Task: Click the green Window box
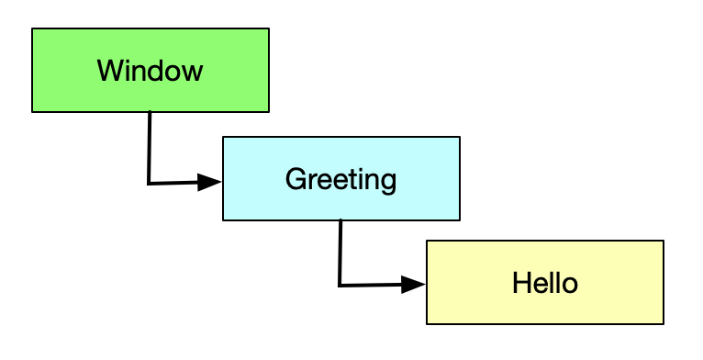tap(151, 70)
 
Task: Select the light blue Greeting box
tap(340, 178)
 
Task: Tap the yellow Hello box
tap(544, 282)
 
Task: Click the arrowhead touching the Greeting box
tap(211, 182)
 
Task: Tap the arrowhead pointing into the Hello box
tap(415, 285)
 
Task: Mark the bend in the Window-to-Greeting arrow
tap(149, 184)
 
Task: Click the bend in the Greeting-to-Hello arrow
tap(340, 286)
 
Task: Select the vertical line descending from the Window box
tap(149, 147)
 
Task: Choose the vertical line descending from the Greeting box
tap(340, 253)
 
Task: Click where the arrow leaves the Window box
tap(149, 112)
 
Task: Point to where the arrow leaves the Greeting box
tap(340, 220)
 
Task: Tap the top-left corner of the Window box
tap(32, 28)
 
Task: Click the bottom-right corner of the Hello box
tap(663, 323)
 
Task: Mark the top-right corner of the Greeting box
tap(459, 137)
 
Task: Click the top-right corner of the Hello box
tap(663, 241)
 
